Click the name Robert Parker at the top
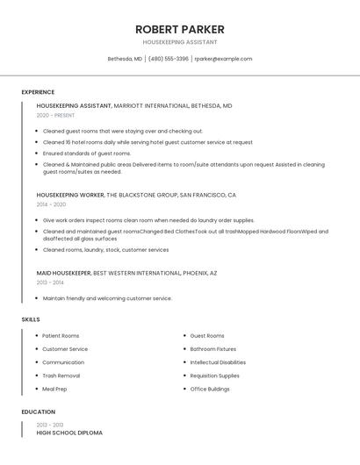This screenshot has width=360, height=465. [x=180, y=29]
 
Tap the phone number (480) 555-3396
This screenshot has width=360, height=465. [x=169, y=59]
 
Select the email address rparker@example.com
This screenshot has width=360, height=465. [x=223, y=59]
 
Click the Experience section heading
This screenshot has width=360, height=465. [x=38, y=92]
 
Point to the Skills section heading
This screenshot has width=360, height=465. [x=31, y=319]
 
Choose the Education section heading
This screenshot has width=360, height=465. [x=37, y=411]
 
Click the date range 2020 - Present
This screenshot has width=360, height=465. [x=55, y=116]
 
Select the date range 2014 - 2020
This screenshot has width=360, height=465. [x=51, y=204]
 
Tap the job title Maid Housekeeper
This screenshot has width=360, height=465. [x=63, y=273]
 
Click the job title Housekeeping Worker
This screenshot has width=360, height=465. [x=70, y=195]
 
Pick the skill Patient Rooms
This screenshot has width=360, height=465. [x=61, y=336]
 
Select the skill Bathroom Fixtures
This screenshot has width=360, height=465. [x=212, y=349]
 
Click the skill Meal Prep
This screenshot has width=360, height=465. [x=55, y=389]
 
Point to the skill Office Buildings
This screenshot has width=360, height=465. [x=210, y=389]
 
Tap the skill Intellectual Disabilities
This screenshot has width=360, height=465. [x=218, y=362]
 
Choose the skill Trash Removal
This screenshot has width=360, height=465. [x=61, y=376]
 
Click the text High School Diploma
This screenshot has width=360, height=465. [x=69, y=433]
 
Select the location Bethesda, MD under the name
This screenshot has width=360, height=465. [x=125, y=59]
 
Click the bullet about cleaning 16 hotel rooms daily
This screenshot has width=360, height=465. [x=148, y=142]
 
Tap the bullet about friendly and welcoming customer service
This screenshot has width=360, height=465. [x=107, y=298]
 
